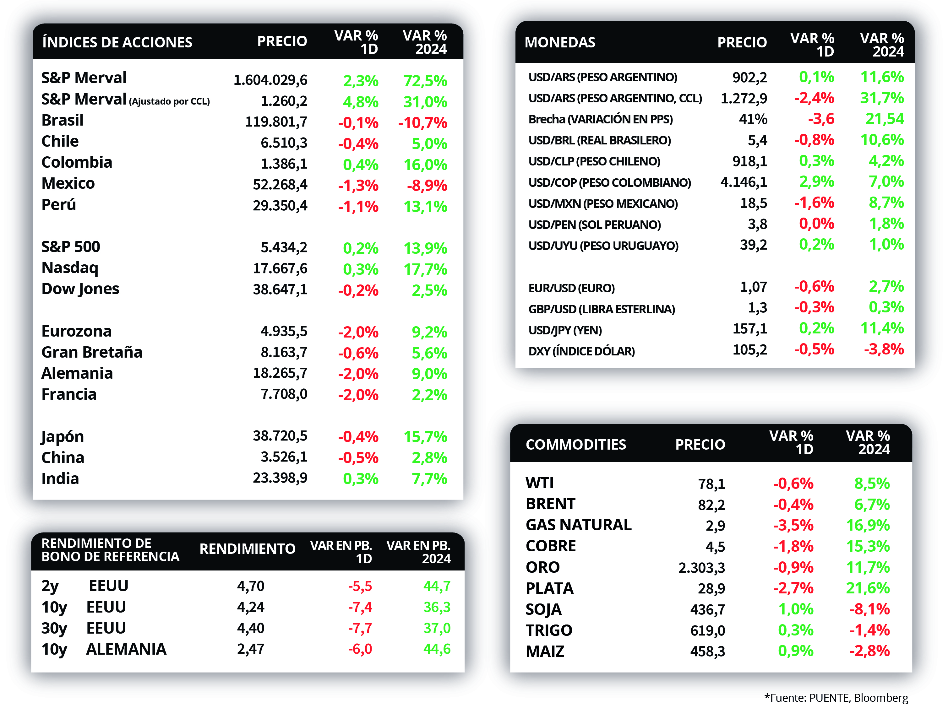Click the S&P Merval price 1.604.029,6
click(270, 80)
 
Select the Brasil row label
click(63, 120)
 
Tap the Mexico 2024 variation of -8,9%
click(427, 186)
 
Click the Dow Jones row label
click(80, 289)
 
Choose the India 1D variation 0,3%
click(360, 478)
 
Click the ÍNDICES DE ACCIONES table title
click(117, 42)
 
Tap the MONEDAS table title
click(560, 42)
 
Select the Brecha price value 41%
click(753, 119)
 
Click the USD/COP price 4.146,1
click(744, 182)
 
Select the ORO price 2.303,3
click(701, 568)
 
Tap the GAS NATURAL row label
click(579, 525)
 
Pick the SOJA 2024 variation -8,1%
click(869, 609)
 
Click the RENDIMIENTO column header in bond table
click(247, 549)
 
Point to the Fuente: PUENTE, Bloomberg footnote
click(836, 698)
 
